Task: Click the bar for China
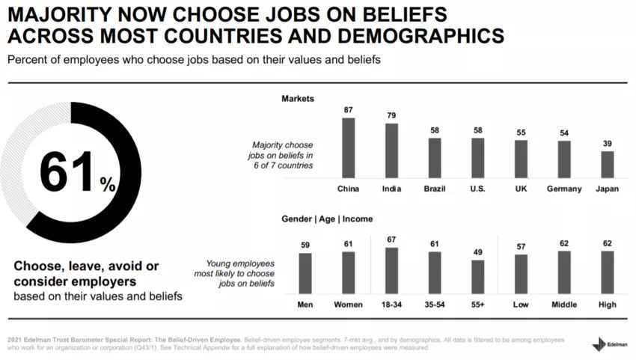348,147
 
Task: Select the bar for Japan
608,164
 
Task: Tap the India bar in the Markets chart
391,150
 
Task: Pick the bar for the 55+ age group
478,276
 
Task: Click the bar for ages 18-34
391,270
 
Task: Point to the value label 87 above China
348,110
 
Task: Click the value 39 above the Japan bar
608,143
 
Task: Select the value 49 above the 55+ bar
478,252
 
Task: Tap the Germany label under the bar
564,189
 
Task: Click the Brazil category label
434,189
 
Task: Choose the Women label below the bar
348,305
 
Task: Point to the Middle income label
564,305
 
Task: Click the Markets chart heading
298,99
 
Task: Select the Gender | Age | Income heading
327,219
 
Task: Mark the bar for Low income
521,274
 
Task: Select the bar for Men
305,273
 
